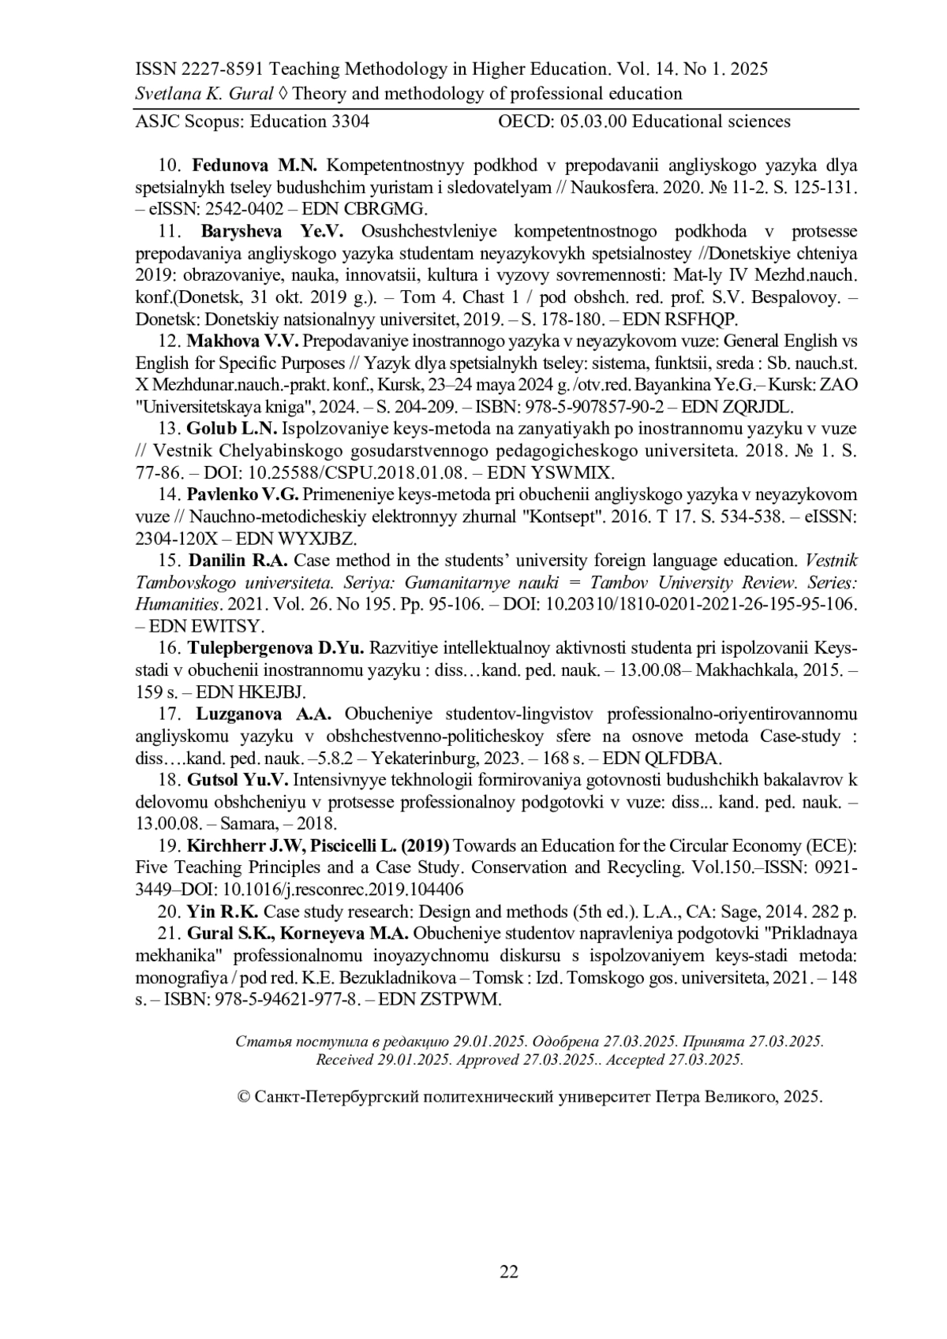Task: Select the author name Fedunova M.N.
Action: [254, 166]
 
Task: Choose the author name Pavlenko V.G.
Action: [242, 495]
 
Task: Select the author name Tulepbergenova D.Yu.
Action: [275, 648]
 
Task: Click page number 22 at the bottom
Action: [508, 1271]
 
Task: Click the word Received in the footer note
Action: [345, 1059]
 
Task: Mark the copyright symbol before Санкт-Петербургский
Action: [244, 1096]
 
